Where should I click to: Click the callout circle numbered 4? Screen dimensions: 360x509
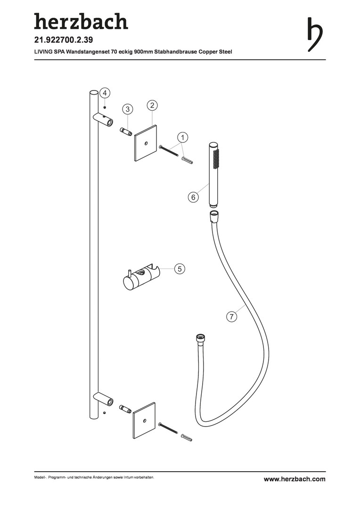(104, 93)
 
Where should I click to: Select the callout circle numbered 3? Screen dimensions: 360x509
(128, 109)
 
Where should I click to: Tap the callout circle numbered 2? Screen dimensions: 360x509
(152, 105)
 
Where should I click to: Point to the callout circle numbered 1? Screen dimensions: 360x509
(182, 137)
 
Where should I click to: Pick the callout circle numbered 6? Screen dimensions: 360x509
(193, 197)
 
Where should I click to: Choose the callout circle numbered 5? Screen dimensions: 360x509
(180, 269)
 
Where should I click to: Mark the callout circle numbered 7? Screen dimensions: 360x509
(231, 317)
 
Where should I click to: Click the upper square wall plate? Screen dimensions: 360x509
(145, 143)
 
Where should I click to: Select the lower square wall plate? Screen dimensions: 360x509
(145, 421)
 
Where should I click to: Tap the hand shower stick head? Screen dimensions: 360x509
(214, 174)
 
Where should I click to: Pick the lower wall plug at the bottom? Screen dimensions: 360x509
(187, 437)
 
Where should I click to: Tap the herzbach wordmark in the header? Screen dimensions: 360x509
(81, 21)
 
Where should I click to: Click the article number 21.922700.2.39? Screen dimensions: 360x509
(64, 40)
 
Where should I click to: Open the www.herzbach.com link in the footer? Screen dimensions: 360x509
(295, 479)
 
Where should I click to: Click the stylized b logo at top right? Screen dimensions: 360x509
(315, 34)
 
